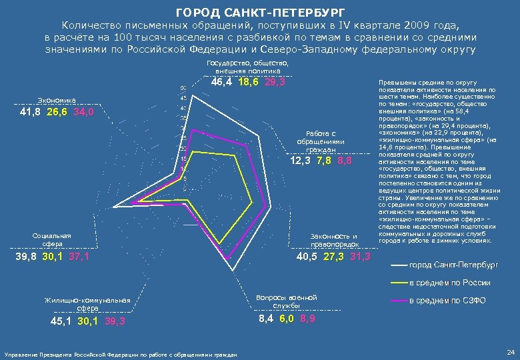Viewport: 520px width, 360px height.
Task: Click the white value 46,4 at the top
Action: [221, 82]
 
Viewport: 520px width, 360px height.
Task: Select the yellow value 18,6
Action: [248, 82]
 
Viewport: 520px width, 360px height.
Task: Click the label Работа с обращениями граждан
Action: [320, 141]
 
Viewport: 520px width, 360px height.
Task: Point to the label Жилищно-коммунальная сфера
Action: [87, 304]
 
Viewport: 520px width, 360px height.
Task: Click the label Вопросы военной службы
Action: [286, 301]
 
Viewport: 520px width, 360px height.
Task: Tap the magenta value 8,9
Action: [308, 319]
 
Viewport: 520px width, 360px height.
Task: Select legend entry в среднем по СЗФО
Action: [447, 301]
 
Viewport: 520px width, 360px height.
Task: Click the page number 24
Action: [510, 351]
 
